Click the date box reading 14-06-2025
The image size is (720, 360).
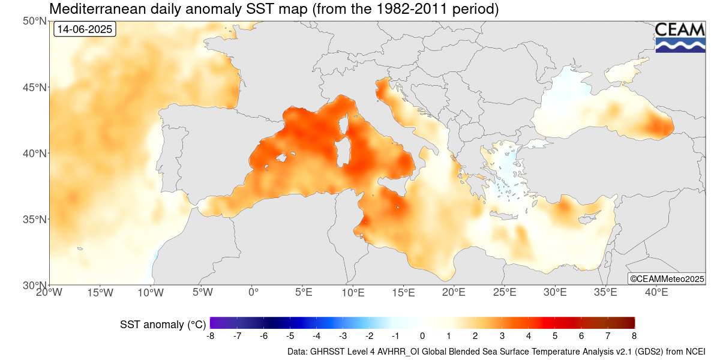pos(84,29)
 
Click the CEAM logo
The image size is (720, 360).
pos(680,37)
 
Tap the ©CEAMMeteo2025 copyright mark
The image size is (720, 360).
pos(666,278)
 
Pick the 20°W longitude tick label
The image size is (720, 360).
pos(49,293)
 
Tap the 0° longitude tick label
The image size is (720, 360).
pos(253,293)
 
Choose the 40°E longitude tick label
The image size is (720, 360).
pos(656,293)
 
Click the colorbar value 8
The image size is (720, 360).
pos(634,336)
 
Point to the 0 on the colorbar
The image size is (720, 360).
pos(422,336)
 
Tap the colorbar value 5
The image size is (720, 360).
pos(554,336)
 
